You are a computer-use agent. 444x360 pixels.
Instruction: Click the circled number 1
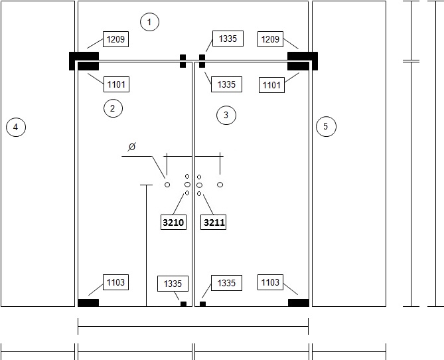(149, 22)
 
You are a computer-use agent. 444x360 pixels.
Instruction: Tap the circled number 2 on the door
(113, 108)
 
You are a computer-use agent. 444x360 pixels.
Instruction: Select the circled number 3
(226, 115)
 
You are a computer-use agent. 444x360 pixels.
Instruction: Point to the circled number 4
(16, 127)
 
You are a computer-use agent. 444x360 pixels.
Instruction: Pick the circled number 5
(326, 126)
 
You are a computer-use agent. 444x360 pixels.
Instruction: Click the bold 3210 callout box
(173, 223)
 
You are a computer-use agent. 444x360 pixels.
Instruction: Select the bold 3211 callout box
(214, 223)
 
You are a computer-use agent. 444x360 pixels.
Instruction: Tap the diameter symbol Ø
(132, 147)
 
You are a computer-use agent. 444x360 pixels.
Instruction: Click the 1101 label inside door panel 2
(116, 84)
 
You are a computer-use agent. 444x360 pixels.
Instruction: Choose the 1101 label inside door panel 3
(271, 85)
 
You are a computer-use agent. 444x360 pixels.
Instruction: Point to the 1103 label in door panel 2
(116, 282)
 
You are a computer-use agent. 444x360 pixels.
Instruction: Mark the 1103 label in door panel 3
(270, 282)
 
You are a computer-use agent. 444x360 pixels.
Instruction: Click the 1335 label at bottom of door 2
(173, 284)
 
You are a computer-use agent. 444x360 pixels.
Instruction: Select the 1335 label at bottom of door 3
(226, 283)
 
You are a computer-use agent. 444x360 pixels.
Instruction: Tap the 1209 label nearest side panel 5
(270, 39)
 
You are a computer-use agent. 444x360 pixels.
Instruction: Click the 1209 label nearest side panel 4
(116, 39)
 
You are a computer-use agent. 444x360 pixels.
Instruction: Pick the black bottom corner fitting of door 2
(88, 303)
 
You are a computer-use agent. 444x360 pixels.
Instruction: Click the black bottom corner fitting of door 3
(299, 303)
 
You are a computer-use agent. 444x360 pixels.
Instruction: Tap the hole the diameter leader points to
(167, 185)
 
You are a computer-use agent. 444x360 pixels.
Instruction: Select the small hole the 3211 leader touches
(199, 193)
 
